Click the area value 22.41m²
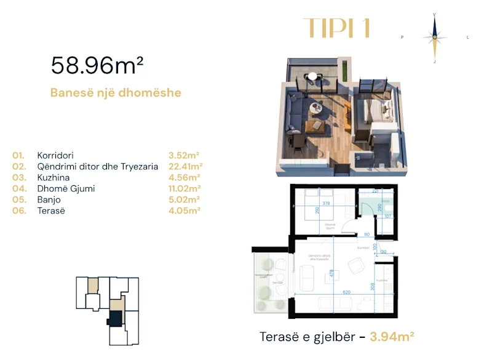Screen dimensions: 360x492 click(x=185, y=166)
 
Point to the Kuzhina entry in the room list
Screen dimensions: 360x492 click(x=52, y=177)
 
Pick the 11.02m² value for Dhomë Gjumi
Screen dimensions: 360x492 click(x=184, y=188)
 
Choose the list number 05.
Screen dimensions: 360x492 click(x=18, y=199)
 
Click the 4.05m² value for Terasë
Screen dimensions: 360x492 click(x=184, y=210)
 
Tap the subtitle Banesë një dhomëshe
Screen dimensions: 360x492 click(x=116, y=93)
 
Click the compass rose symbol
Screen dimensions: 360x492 click(x=434, y=37)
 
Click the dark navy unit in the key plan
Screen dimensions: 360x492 click(x=115, y=319)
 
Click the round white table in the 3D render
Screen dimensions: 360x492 click(x=312, y=76)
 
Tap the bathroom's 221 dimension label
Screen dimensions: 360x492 click(x=375, y=191)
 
